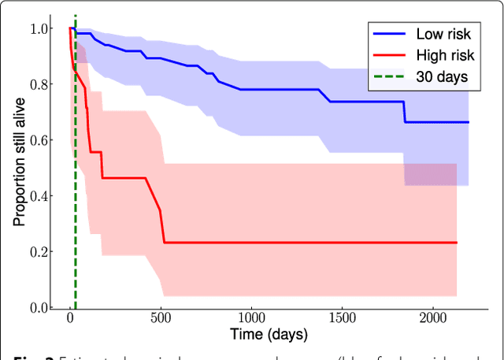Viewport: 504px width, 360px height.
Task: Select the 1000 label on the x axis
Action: pyautogui.click(x=251, y=318)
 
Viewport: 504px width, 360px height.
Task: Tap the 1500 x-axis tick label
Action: pyautogui.click(x=342, y=318)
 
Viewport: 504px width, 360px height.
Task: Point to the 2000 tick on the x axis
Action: pyautogui.click(x=432, y=318)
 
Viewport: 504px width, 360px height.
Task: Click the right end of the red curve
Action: pyautogui.click(x=457, y=243)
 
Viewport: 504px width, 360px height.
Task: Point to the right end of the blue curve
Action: pyautogui.click(x=469, y=122)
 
